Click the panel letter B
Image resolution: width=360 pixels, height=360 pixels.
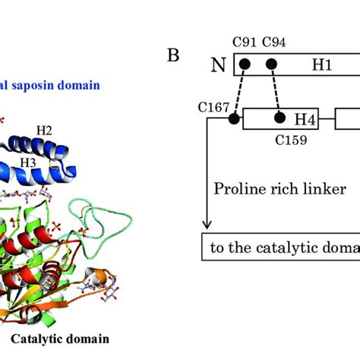coord(173,57)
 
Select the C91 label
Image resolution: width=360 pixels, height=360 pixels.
coord(245,43)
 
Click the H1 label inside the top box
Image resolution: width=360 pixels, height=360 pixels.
coord(323,65)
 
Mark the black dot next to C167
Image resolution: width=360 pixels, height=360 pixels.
coord(233,118)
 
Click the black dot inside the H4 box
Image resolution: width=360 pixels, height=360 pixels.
coord(280,118)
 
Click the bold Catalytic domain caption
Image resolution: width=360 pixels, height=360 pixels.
coord(70,338)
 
